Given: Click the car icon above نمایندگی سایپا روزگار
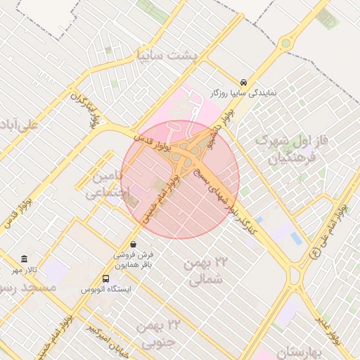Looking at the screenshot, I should tap(243, 82).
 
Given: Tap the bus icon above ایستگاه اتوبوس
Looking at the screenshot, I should tap(105, 278).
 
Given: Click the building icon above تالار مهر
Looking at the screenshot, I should tap(25, 259).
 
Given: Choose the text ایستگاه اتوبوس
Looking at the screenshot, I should tap(105, 289).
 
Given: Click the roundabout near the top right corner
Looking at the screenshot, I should tap(285, 44).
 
